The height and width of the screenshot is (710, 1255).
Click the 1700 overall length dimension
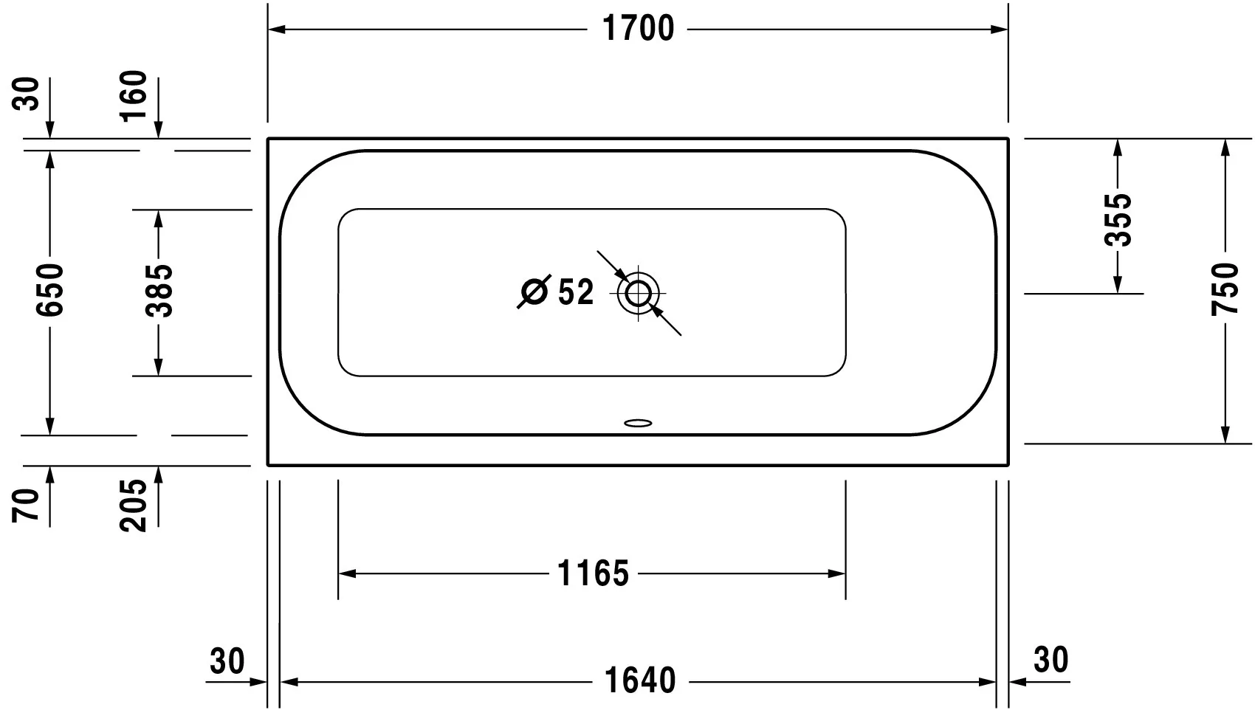point(638,29)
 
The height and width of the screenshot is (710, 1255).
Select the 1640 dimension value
point(640,680)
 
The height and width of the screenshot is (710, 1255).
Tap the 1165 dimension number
point(593,573)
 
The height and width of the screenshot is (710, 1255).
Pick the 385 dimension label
point(158,291)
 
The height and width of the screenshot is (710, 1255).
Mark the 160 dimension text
point(134,97)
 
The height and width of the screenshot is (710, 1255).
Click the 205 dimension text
point(134,505)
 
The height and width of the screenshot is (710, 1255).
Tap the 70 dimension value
point(27,505)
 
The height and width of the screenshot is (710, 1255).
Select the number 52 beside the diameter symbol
point(575,292)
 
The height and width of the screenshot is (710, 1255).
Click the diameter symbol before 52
point(533,292)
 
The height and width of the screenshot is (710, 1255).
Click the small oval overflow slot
point(639,424)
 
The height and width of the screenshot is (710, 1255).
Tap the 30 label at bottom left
point(227,661)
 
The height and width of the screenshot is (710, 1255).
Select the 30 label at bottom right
point(1051,660)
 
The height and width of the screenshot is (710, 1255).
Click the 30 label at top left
point(27,94)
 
